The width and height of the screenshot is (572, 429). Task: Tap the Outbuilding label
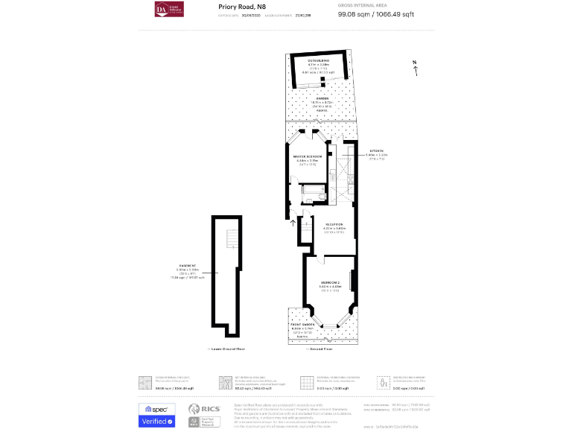pos(318,59)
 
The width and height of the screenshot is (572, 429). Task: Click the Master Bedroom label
pos(308,156)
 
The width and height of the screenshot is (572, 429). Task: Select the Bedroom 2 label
pos(330,283)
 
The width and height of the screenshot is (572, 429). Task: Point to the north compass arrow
pos(416,69)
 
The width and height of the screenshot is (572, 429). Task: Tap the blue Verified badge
pos(156,422)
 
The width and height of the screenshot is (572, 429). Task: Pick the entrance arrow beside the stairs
pos(292,220)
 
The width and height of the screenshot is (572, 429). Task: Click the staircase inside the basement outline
pos(229,238)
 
